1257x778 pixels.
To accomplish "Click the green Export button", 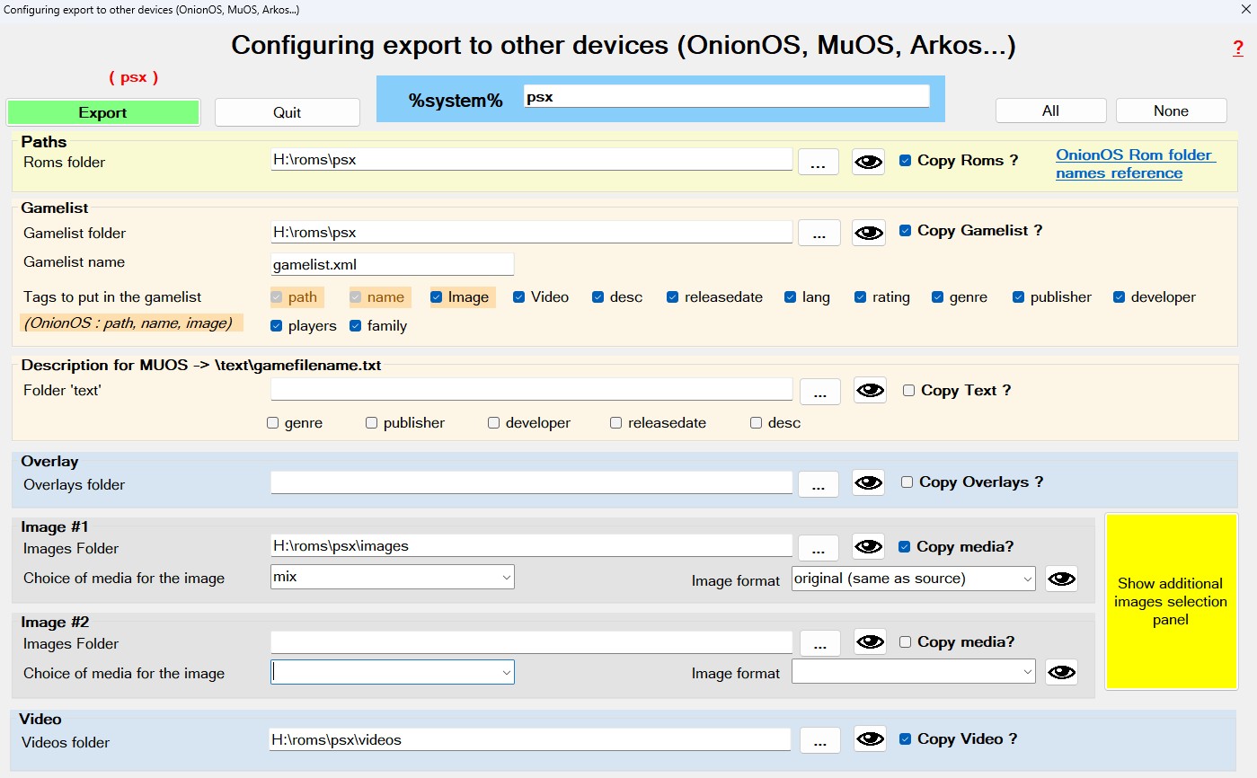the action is click(103, 112).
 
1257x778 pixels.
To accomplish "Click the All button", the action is click(1050, 111).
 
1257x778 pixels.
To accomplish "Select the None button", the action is click(1171, 111).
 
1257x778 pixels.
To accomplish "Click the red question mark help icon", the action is click(1238, 49).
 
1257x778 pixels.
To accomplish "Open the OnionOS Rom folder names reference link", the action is click(1135, 164).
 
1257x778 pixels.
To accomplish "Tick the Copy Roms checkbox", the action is click(905, 161).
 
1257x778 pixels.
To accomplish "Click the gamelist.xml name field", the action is click(392, 264).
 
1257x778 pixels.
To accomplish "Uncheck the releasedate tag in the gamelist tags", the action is click(672, 297).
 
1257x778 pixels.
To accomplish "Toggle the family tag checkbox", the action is click(355, 326).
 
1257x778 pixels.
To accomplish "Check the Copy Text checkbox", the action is click(908, 391).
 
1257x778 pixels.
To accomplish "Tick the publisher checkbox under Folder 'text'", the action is click(371, 423).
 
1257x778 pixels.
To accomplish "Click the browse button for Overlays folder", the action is click(819, 484).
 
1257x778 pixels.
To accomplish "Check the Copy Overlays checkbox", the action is click(907, 482).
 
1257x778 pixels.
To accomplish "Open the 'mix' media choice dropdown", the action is click(392, 577).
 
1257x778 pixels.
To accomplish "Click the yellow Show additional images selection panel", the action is click(1171, 601).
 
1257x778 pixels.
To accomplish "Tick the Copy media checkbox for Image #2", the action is click(905, 641).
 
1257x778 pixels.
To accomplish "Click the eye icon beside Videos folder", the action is click(870, 739).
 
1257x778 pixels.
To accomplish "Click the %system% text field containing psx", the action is click(726, 96).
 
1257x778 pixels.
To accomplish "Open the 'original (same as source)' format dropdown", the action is click(913, 579).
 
